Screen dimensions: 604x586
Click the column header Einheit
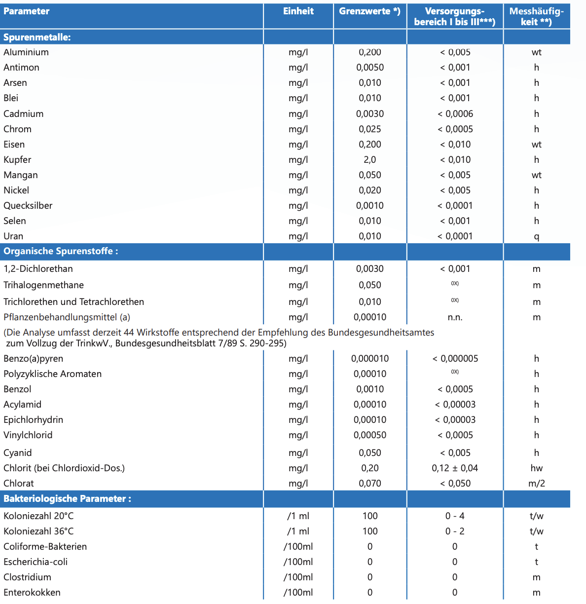coord(298,11)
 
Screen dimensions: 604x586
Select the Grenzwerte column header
coord(369,11)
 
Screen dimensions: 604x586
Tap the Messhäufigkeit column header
coord(536,16)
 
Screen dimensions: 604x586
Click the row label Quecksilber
coord(28,206)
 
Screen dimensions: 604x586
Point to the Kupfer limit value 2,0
coord(369,160)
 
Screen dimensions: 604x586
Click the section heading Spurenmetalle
coord(37,38)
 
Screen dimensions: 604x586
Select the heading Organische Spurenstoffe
coord(61,251)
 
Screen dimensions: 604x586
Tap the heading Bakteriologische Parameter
coord(67,499)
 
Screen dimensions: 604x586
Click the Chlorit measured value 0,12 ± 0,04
coord(455,468)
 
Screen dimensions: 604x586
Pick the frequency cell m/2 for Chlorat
coord(536,484)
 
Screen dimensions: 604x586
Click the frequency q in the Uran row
coord(536,237)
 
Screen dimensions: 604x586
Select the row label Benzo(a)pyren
coord(33,359)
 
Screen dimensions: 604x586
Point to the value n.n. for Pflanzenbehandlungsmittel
coord(455,317)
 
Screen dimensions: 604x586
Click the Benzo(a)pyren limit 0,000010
coord(369,359)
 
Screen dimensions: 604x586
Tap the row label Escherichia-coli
coord(36,562)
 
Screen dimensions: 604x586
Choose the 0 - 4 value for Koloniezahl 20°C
coord(455,516)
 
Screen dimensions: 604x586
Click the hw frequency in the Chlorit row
coord(536,468)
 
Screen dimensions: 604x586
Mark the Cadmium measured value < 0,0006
coord(455,114)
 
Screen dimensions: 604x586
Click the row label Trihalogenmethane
coord(43,285)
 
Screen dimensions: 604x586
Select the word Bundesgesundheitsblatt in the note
coord(165,343)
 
